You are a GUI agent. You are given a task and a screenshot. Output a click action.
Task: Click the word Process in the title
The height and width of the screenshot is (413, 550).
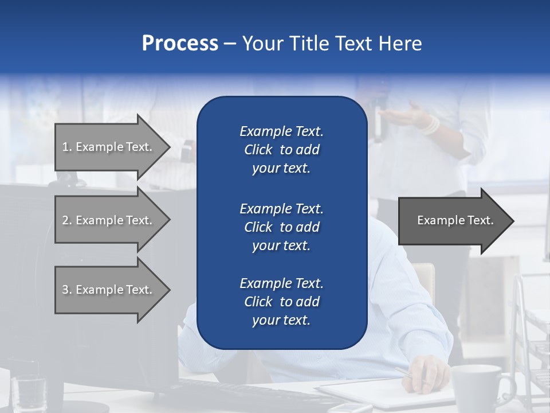click(180, 44)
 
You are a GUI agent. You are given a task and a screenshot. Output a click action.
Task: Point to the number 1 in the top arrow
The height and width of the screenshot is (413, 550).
click(65, 147)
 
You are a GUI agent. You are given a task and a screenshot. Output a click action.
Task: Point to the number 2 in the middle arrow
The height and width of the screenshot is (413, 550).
click(65, 220)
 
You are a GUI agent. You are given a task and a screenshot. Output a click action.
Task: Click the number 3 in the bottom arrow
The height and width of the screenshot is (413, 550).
click(65, 290)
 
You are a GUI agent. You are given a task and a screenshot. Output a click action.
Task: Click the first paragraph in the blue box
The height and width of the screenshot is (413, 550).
click(281, 150)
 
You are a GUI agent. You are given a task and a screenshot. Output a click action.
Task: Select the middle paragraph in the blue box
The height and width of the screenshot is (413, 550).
click(281, 227)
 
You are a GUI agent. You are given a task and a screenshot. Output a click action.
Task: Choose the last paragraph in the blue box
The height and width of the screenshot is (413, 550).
click(281, 302)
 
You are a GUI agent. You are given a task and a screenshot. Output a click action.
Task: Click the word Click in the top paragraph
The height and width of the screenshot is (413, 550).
click(258, 150)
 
